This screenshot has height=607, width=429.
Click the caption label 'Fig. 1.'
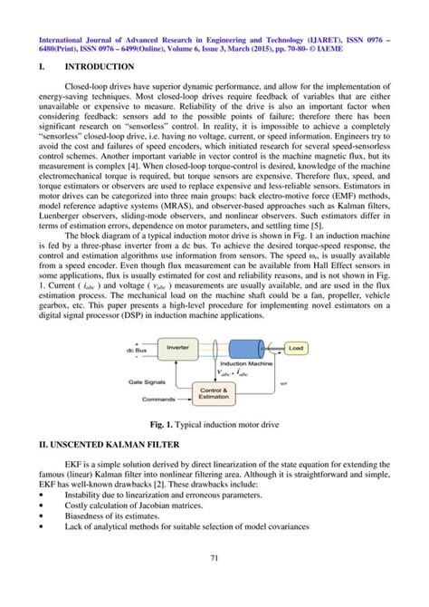click(x=163, y=426)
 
